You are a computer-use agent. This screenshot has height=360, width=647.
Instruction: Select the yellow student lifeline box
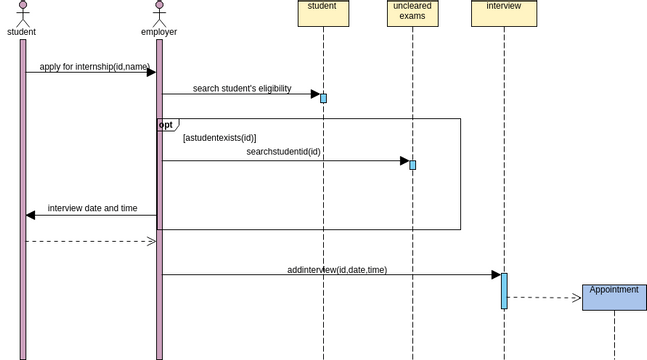click(323, 13)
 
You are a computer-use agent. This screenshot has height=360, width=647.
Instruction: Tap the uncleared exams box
click(412, 13)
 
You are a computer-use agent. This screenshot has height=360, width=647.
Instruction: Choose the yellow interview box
click(504, 13)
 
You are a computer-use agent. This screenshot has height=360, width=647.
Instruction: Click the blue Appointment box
click(614, 297)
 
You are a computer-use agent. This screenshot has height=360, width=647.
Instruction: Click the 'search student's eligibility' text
click(242, 89)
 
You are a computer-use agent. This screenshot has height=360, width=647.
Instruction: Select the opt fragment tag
click(167, 125)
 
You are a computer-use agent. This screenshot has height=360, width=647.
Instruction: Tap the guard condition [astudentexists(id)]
click(219, 138)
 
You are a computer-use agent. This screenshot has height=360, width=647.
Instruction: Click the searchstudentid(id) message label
click(283, 152)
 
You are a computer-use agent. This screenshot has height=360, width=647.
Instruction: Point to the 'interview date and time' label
click(92, 208)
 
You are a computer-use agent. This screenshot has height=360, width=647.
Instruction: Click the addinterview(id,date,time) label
click(337, 269)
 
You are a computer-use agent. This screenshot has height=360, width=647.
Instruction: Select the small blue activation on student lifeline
click(323, 98)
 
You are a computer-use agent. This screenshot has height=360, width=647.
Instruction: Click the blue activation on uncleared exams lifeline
click(412, 165)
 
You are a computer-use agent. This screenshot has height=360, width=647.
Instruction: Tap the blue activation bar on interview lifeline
click(504, 290)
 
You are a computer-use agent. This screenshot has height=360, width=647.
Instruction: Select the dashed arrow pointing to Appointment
click(545, 297)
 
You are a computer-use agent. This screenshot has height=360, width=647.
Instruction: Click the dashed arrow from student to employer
click(90, 241)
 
